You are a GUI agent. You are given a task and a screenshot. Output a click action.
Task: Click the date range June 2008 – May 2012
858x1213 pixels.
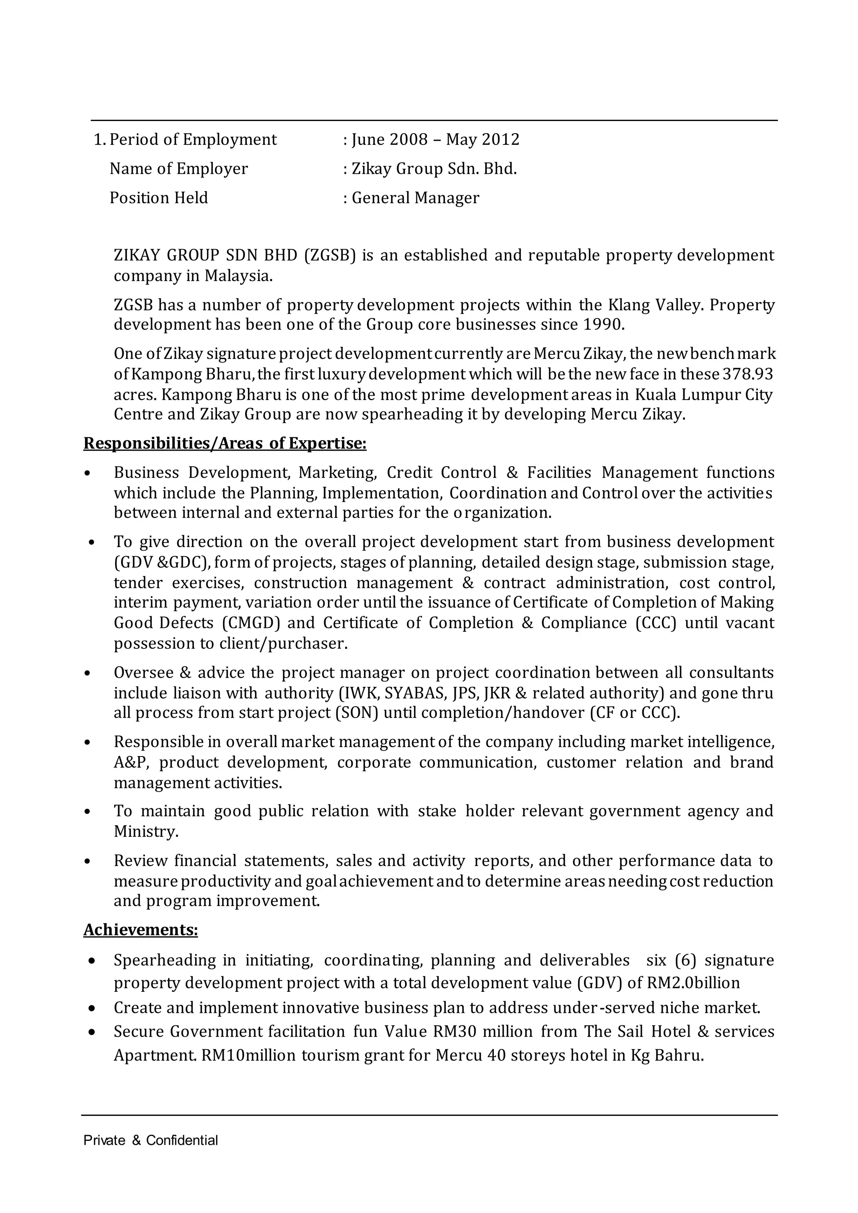(435, 139)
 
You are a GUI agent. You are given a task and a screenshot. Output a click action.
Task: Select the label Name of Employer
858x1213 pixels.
(178, 168)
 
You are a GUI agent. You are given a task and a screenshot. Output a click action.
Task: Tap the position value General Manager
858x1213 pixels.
(415, 198)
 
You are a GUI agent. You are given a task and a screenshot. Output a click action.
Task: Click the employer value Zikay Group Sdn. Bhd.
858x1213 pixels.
(434, 168)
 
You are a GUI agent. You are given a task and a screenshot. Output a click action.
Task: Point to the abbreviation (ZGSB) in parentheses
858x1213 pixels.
(330, 255)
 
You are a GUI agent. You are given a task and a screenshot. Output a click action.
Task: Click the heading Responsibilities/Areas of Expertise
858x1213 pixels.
(225, 443)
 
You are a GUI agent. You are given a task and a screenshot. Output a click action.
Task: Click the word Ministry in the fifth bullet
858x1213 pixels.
(145, 831)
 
